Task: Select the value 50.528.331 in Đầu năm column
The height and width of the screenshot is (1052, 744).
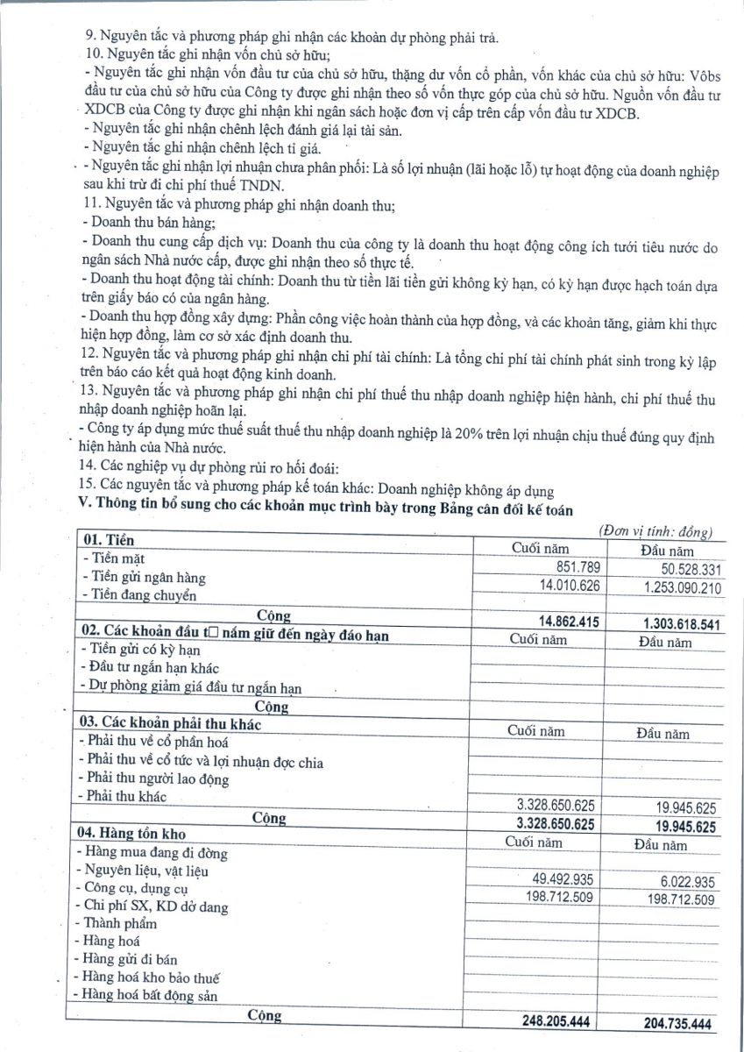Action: (678, 570)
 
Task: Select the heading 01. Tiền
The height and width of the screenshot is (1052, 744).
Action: (108, 539)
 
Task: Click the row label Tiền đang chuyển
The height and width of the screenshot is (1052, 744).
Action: (138, 596)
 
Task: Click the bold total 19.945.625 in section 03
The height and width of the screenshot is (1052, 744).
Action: (677, 825)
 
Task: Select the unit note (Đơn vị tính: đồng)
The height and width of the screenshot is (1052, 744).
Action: (655, 531)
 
